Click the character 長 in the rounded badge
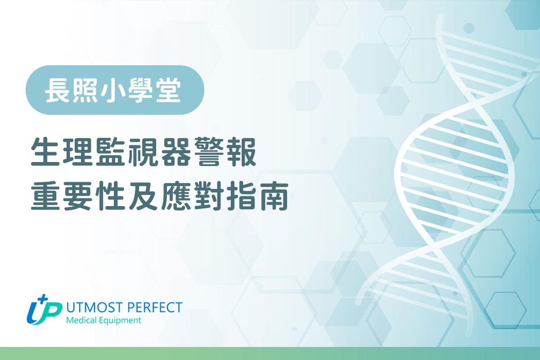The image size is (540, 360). click(x=57, y=90)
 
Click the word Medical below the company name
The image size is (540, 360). click(x=81, y=321)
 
